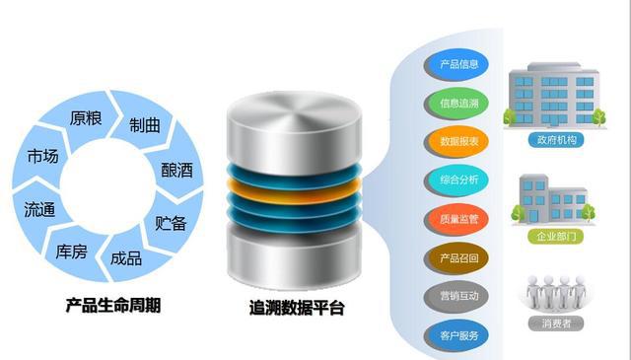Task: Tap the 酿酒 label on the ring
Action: [x=176, y=169]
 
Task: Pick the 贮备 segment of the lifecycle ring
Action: [x=171, y=222]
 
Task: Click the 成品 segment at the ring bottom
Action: [x=126, y=257]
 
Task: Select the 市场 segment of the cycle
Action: [x=42, y=157]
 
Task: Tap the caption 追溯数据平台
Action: [x=297, y=309]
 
